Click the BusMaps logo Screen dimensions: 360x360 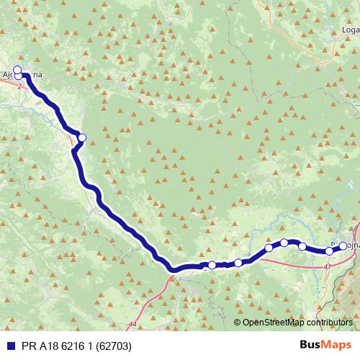[x=325, y=345]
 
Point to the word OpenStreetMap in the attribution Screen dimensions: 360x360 [x=274, y=322]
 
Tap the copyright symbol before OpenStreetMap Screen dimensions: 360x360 [x=238, y=322]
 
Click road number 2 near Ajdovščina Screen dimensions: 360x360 [x=20, y=84]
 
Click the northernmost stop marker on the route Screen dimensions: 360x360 [x=17, y=70]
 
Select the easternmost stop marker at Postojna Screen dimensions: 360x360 [x=343, y=246]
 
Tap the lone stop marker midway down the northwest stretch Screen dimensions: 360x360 [x=82, y=138]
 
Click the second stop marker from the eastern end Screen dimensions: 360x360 [x=329, y=251]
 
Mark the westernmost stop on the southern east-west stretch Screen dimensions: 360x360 [x=212, y=265]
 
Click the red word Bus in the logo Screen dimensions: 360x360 [x=311, y=345]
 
